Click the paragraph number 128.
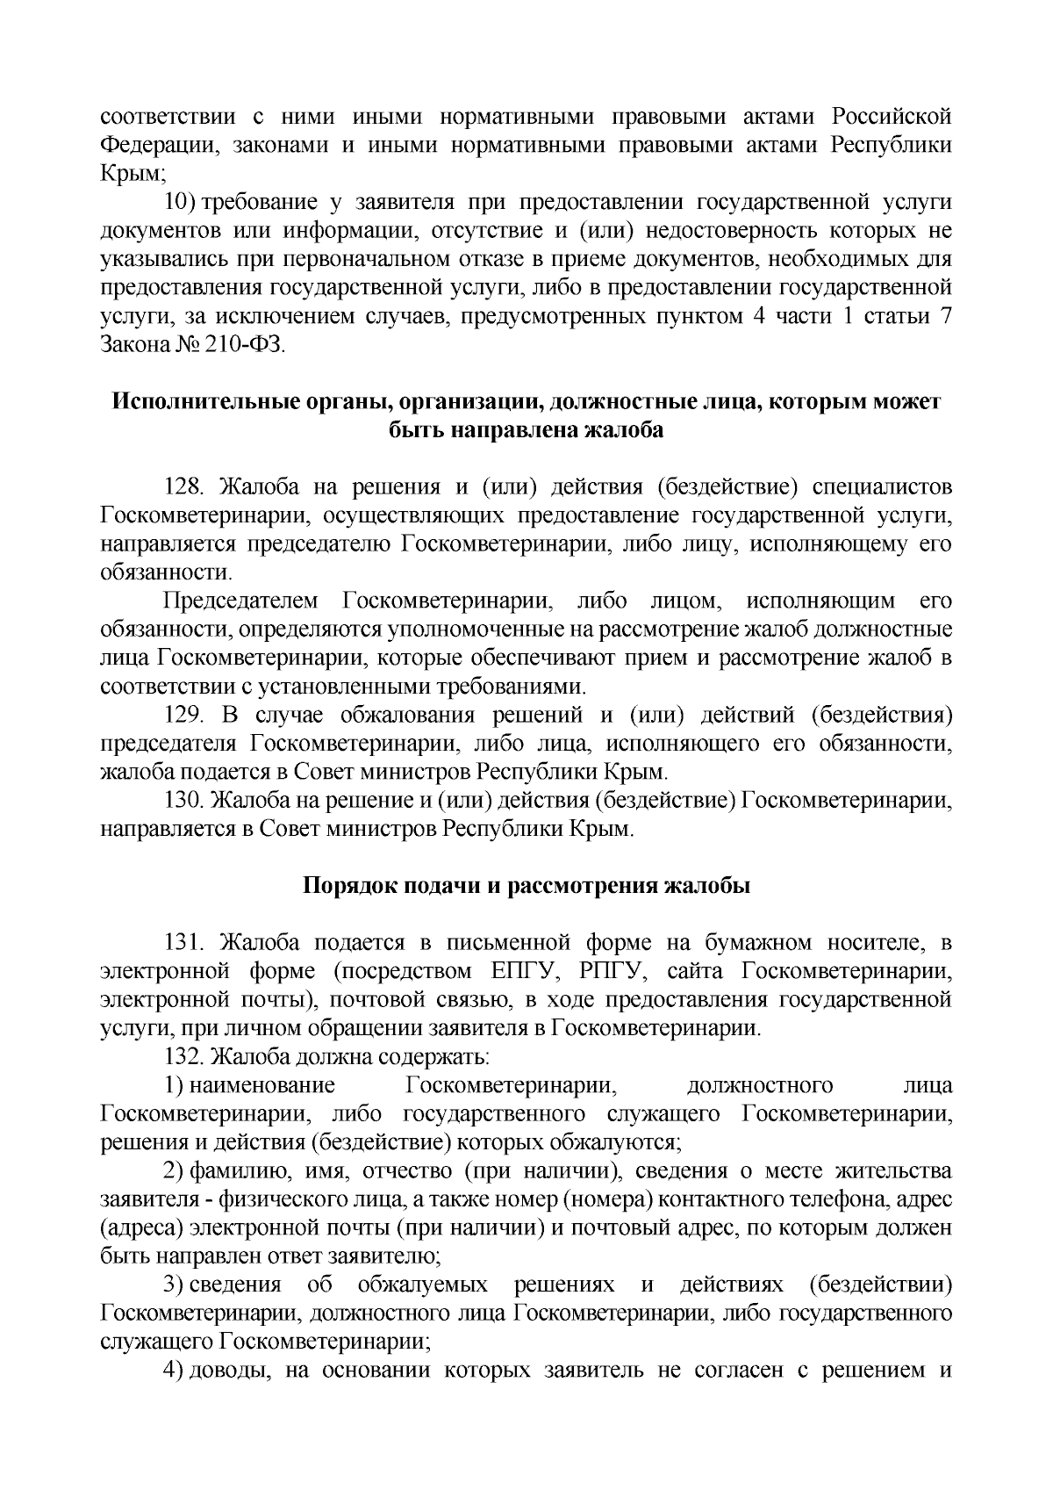click(185, 486)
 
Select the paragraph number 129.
click(185, 716)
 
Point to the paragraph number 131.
click(185, 943)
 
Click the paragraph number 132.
click(185, 1057)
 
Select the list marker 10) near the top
click(183, 202)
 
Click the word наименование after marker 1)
click(262, 1086)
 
